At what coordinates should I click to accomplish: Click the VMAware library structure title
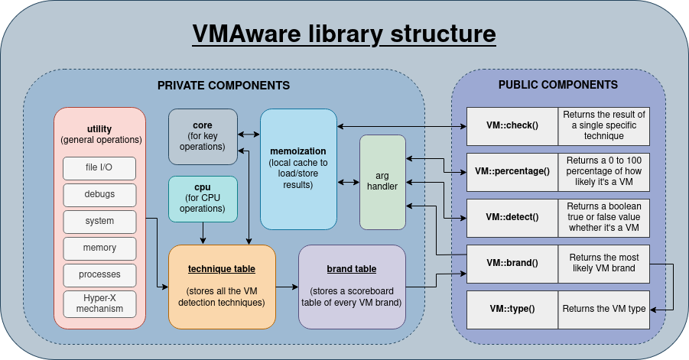(x=343, y=34)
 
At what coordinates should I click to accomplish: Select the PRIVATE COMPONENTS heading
(x=223, y=86)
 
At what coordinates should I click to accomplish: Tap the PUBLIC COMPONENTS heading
(x=558, y=85)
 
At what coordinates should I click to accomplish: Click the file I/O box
(x=99, y=168)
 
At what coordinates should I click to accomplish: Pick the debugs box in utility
(x=99, y=195)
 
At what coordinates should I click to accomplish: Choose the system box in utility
(x=99, y=221)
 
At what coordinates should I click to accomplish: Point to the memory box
(x=99, y=248)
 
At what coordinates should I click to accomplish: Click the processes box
(x=99, y=274)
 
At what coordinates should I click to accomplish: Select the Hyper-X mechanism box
(x=99, y=303)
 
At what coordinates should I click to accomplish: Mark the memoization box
(x=298, y=169)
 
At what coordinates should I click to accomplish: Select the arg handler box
(x=382, y=182)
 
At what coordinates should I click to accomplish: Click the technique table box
(x=222, y=287)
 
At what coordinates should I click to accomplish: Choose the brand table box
(x=352, y=287)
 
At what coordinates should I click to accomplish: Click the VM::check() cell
(x=512, y=125)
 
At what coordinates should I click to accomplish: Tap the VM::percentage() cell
(x=512, y=171)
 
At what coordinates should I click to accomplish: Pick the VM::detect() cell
(x=512, y=217)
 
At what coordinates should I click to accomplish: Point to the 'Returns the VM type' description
(x=604, y=309)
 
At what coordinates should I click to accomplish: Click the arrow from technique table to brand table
(x=287, y=287)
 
